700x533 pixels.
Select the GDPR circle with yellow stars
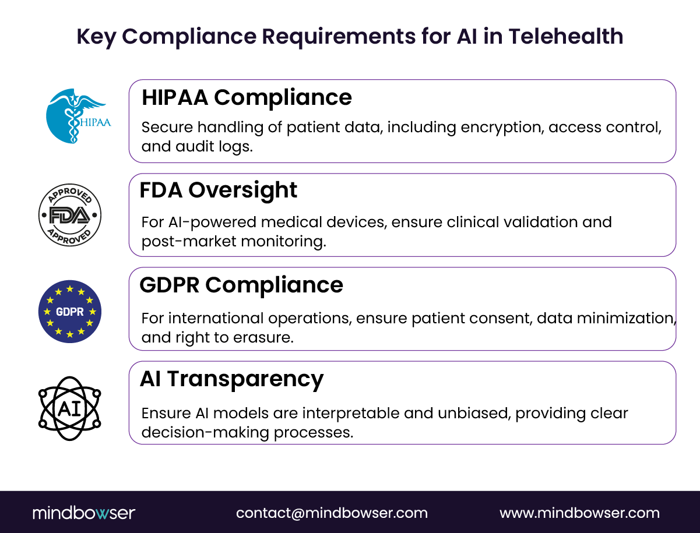pyautogui.click(x=70, y=311)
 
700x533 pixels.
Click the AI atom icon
pyautogui.click(x=70, y=408)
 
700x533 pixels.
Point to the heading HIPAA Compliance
pyautogui.click(x=247, y=97)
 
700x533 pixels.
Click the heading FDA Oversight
pyautogui.click(x=219, y=190)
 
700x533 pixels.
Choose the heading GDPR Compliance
pyautogui.click(x=241, y=285)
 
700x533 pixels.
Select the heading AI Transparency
pyautogui.click(x=231, y=379)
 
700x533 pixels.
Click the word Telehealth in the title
pyautogui.click(x=565, y=37)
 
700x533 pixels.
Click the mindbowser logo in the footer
pyautogui.click(x=84, y=513)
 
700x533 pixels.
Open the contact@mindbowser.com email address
pyautogui.click(x=332, y=513)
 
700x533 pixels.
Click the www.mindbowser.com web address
pyautogui.click(x=579, y=513)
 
